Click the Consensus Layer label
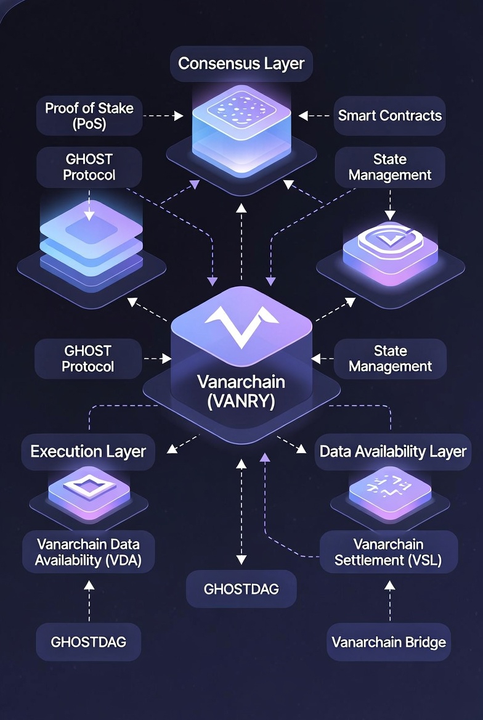pyautogui.click(x=241, y=63)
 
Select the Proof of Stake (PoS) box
pyautogui.click(x=89, y=116)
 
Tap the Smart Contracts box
pyautogui.click(x=389, y=115)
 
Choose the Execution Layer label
pyautogui.click(x=88, y=451)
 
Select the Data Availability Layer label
pyautogui.click(x=392, y=451)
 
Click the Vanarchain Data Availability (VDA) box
pyautogui.click(x=87, y=552)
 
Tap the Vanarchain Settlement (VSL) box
pyautogui.click(x=388, y=552)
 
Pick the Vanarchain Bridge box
pyautogui.click(x=389, y=642)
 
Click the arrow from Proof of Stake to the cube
pyautogui.click(x=164, y=115)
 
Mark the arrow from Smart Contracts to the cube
pyautogui.click(x=316, y=115)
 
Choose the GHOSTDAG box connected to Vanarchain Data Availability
pyautogui.click(x=89, y=642)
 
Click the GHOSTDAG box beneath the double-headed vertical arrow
pyautogui.click(x=241, y=589)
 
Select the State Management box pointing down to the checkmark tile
pyautogui.click(x=389, y=167)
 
